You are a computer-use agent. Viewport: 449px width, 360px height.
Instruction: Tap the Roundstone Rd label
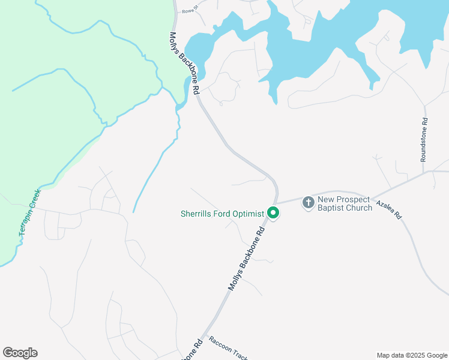point(424,139)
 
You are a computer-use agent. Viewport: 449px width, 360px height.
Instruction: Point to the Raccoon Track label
point(228,349)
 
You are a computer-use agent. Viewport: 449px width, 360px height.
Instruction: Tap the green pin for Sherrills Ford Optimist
point(273,213)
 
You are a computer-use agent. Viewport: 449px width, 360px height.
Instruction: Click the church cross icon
point(308,203)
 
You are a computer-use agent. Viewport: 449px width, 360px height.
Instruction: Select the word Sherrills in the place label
point(198,214)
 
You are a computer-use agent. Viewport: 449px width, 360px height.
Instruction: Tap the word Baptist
point(333,208)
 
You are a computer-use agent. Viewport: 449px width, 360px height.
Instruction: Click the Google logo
point(20,353)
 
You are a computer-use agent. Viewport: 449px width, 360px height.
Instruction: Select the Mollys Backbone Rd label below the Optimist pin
point(246,259)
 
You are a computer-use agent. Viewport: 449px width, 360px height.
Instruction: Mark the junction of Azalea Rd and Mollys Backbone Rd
point(277,203)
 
